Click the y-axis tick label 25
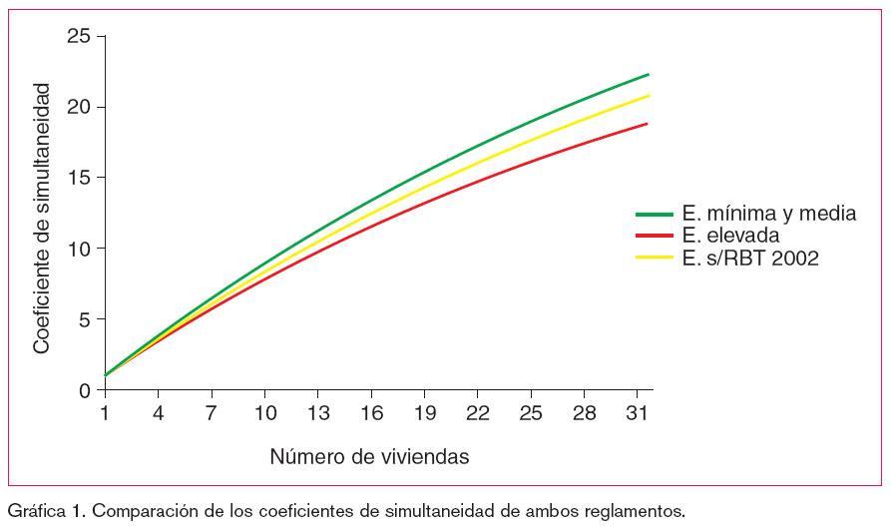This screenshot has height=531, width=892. pos(79,36)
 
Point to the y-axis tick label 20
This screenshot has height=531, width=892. pos(79,107)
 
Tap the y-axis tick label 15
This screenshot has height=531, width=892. pos(79,178)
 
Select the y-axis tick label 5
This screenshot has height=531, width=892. pos(85,319)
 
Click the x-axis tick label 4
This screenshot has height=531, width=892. pos(158,413)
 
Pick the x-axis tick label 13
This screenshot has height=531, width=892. pos(317,413)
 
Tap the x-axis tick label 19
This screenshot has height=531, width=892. pos(424,413)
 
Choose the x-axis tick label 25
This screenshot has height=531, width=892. pos(531,413)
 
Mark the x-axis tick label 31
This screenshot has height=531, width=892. pos(638,413)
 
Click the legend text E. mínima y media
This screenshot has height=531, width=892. pos(768,215)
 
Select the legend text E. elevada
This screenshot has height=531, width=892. pos(730,237)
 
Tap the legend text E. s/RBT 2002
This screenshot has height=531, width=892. pos(750,259)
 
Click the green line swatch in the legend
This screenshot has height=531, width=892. pos(655,215)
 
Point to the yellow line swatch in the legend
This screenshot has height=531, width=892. pos(655,259)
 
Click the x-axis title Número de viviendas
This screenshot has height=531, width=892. pos(369,457)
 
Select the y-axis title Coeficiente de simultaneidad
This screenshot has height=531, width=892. pos(42,218)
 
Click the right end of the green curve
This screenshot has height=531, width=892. pos(649,75)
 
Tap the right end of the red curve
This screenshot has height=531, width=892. pos(649,124)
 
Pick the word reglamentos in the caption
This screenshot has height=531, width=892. pos(635,512)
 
